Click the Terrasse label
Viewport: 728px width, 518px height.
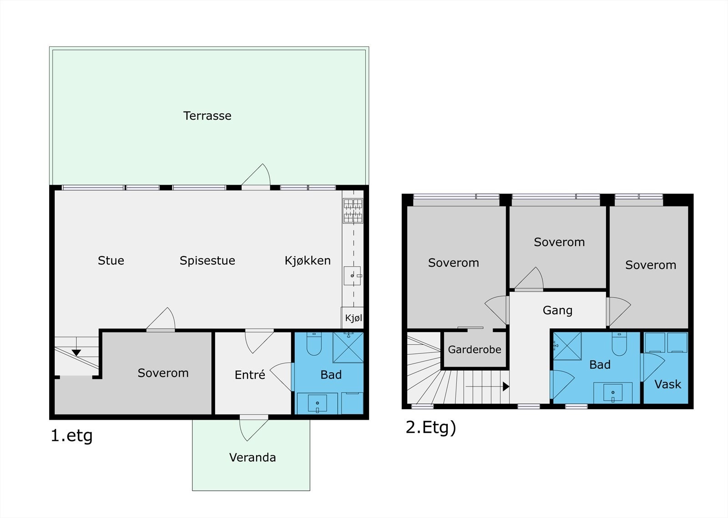[x=207, y=116]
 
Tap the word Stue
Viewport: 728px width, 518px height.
[x=111, y=261]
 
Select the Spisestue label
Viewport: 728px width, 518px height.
[x=207, y=261]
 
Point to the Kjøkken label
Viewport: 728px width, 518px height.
[x=308, y=261]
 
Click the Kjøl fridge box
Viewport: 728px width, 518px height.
[x=352, y=317]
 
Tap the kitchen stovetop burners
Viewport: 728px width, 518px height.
[x=353, y=211]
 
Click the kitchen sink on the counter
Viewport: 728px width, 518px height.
[x=352, y=276]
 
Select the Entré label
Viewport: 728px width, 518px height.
[x=250, y=375]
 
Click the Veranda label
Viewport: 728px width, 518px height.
[x=253, y=457]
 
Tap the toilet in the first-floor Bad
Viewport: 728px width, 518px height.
[x=314, y=343]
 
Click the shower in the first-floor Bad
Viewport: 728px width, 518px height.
[x=348, y=347]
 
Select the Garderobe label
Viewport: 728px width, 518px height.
[x=475, y=349]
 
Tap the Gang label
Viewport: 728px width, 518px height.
[x=557, y=310]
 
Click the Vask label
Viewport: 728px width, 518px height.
[x=667, y=384]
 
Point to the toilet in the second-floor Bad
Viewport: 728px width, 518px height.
[x=619, y=344]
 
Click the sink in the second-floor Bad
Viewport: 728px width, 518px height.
[x=613, y=392]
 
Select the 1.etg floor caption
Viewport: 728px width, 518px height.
[x=71, y=436]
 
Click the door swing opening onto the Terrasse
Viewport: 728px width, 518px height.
[x=256, y=176]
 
